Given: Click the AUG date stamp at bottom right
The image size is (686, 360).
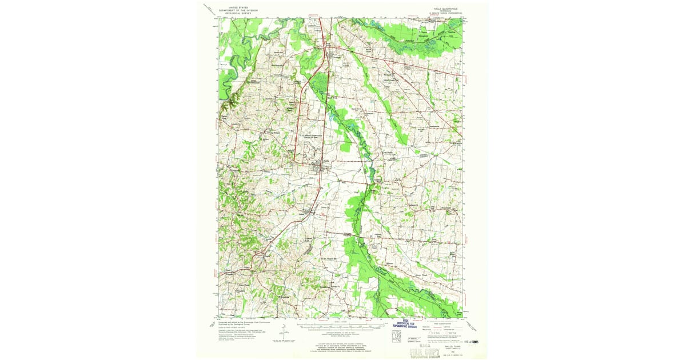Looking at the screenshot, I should [x=472, y=341].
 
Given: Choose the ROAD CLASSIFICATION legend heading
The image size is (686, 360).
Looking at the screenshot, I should [x=443, y=322].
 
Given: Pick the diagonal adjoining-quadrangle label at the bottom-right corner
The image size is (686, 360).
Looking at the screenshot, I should [x=472, y=326].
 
